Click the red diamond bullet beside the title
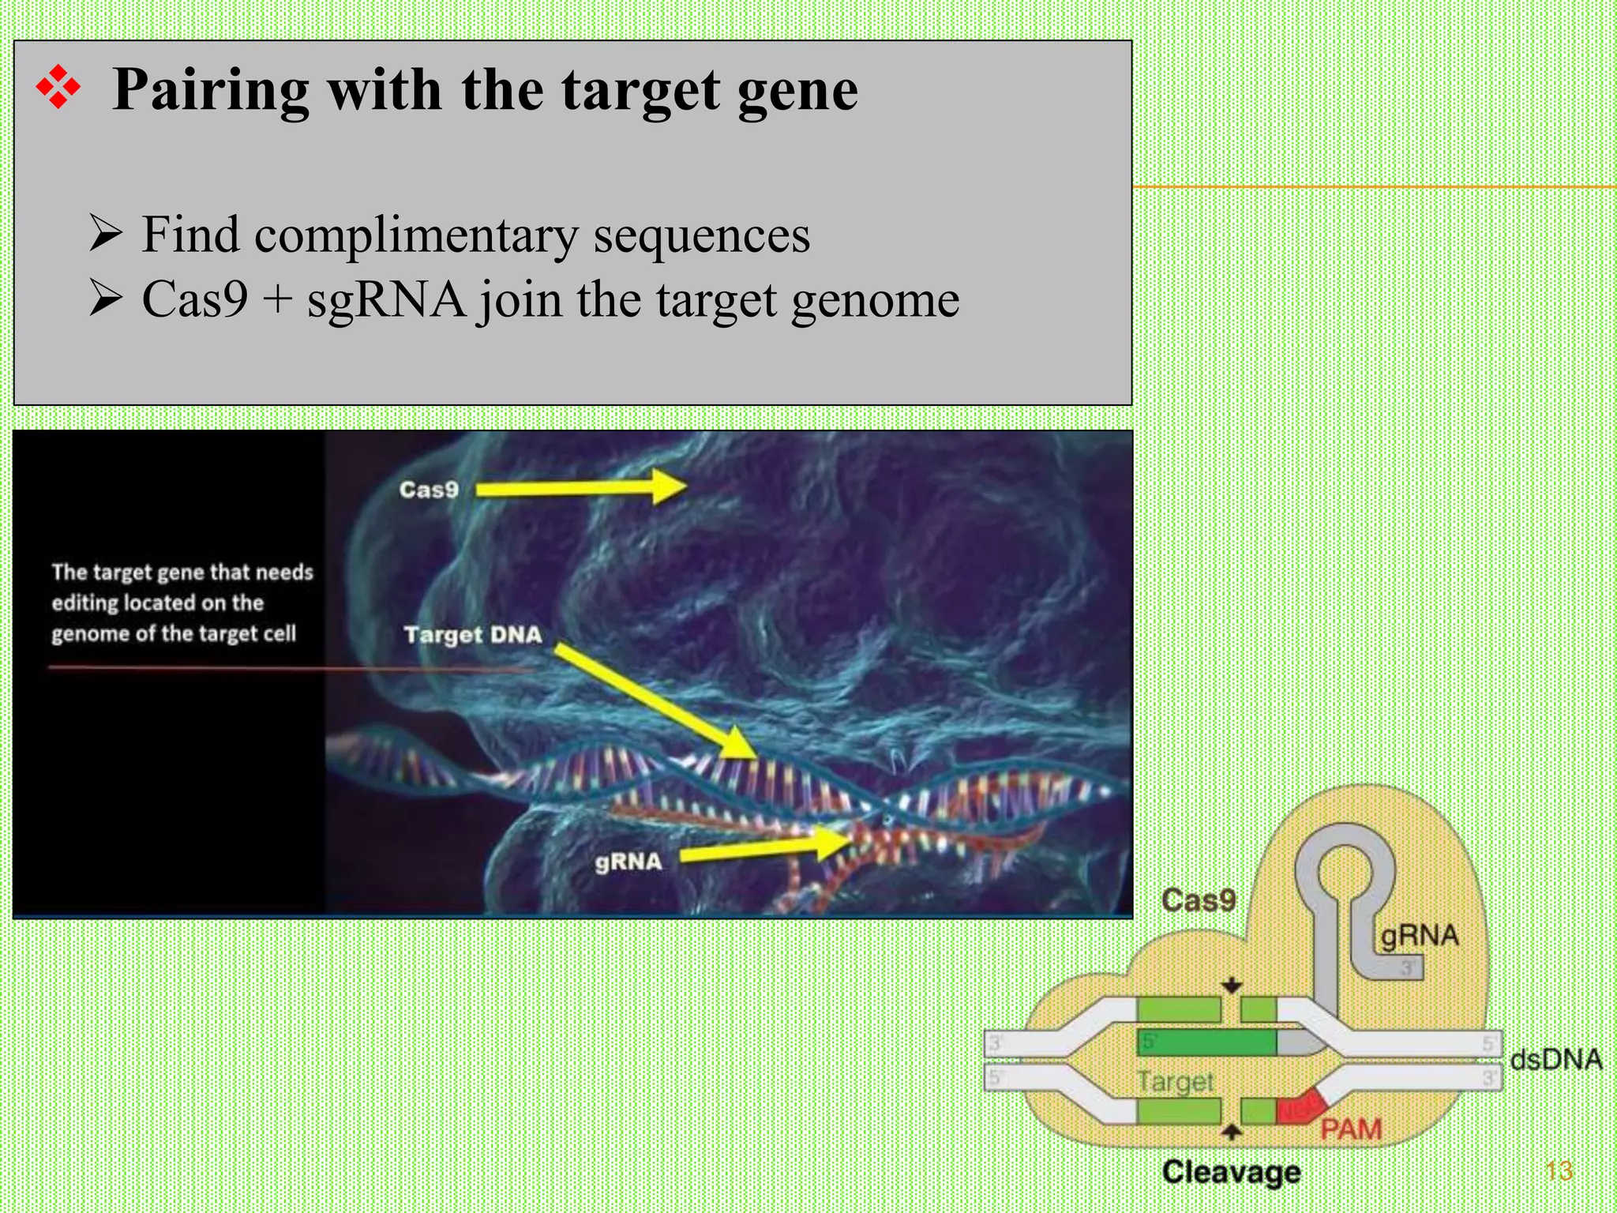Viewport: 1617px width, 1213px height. (58, 88)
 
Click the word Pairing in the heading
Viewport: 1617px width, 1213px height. (209, 90)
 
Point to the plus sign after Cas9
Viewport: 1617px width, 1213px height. (277, 301)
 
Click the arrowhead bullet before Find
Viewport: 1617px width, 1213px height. (106, 234)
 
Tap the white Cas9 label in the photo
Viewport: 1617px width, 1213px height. (429, 490)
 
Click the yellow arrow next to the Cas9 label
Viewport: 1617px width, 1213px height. (580, 487)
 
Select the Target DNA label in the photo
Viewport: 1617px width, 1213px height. (473, 635)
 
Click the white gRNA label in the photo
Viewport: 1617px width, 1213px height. (628, 862)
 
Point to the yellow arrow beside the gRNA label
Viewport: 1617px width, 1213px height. (762, 847)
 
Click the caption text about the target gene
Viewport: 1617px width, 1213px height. (182, 603)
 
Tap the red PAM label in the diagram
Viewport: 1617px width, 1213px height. (1351, 1129)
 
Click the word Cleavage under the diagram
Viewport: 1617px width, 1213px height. (1231, 1172)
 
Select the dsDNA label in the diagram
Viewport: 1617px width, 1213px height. (1555, 1060)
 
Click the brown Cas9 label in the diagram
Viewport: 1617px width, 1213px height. (1199, 900)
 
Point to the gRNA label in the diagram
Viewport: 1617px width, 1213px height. (1419, 936)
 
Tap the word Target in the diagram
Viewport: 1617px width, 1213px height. (1175, 1081)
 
